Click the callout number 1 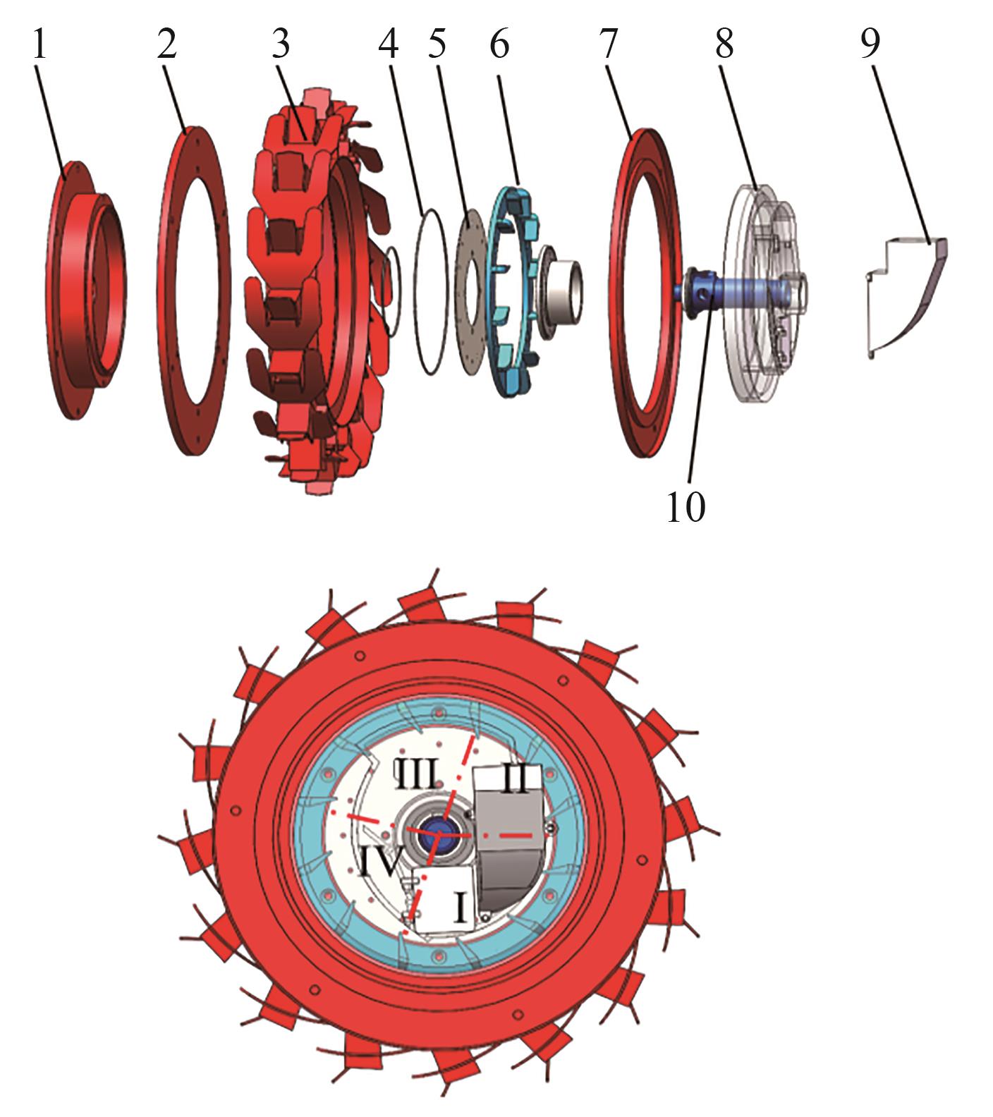coord(39,44)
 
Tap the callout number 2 coord(167,44)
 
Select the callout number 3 coord(280,44)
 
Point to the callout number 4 coord(389,44)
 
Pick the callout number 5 coord(437,44)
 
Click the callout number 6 coord(499,44)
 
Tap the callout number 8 coord(724,44)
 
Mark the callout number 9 coord(870,44)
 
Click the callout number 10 coord(686,506)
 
